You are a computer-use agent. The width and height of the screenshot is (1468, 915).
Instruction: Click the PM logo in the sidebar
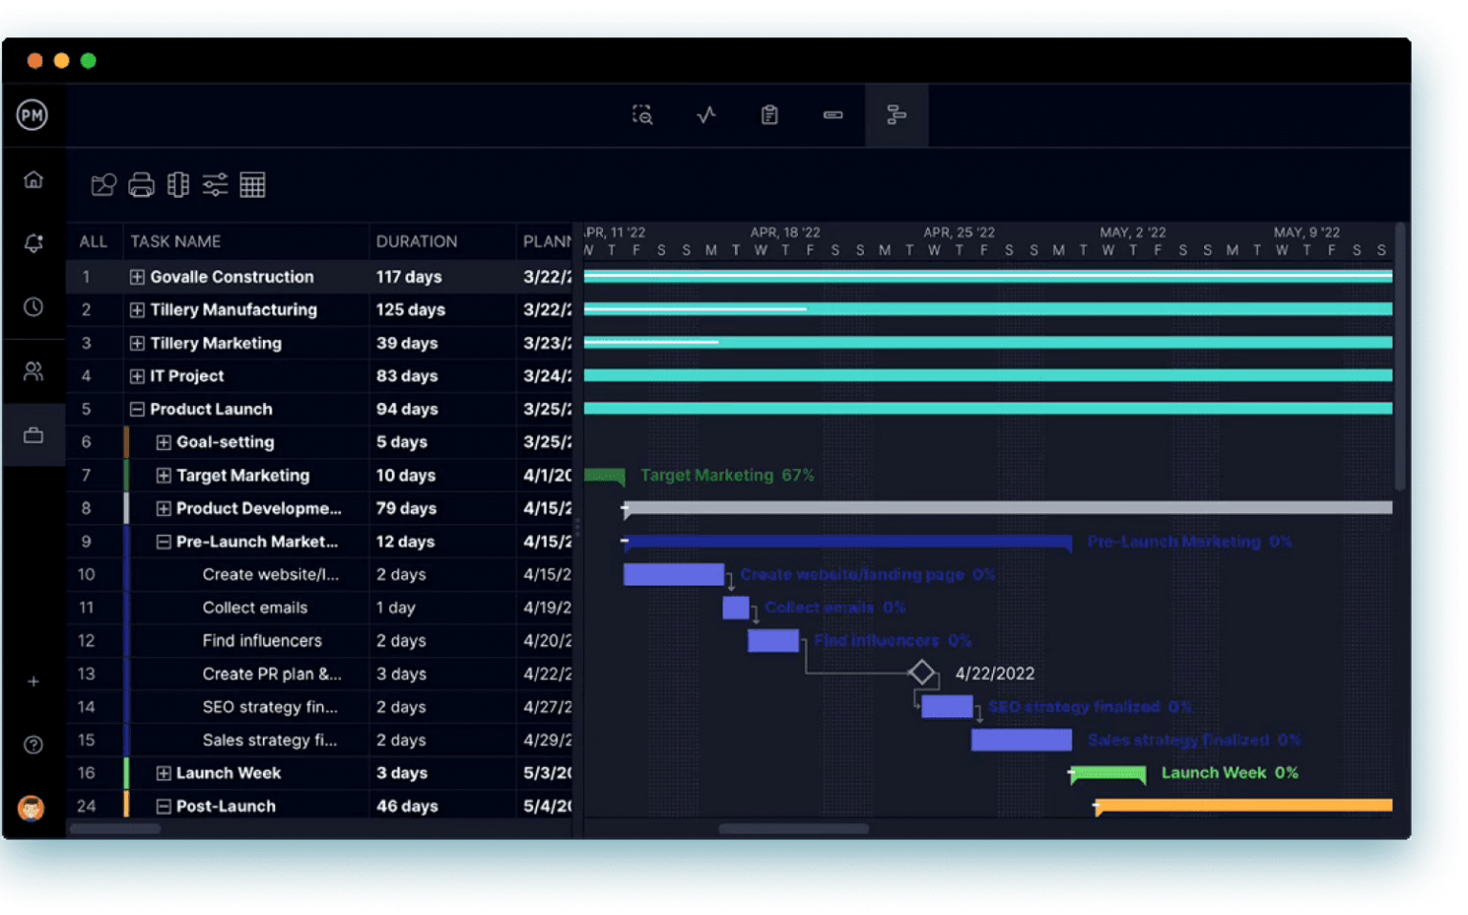pos(32,116)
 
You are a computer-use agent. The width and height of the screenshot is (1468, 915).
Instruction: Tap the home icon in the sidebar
pos(33,180)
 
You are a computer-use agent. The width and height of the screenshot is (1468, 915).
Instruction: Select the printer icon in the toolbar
pos(141,184)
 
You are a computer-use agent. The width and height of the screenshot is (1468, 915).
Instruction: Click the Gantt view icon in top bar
pos(896,116)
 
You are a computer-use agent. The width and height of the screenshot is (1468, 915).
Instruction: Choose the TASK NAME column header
pos(176,242)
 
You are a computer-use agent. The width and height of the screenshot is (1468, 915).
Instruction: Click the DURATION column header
pos(417,242)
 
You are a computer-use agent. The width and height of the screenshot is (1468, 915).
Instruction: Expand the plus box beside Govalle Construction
pos(138,277)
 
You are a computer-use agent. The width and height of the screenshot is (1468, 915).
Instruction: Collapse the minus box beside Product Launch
pos(138,409)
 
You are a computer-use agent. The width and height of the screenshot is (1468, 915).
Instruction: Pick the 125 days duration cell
pos(411,309)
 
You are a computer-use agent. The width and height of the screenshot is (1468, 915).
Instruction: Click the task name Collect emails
pos(255,607)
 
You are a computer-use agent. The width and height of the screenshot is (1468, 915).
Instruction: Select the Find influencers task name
pos(262,641)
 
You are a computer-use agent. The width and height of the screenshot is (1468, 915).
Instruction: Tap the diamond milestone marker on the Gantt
pos(921,672)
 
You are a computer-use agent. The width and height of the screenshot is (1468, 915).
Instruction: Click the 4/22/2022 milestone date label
pos(995,673)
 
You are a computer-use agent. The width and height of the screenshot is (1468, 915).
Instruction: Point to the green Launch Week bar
pos(1108,774)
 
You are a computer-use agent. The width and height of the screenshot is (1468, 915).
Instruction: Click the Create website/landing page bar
pos(674,574)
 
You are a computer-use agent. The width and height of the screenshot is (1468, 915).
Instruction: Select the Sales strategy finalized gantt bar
pos(1022,740)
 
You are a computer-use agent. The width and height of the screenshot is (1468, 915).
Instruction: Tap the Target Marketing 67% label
pos(727,476)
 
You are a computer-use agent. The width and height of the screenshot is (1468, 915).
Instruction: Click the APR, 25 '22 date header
pos(959,232)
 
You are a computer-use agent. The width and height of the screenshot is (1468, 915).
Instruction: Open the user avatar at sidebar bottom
pos(32,808)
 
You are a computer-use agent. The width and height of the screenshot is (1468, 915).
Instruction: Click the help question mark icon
pos(33,745)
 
